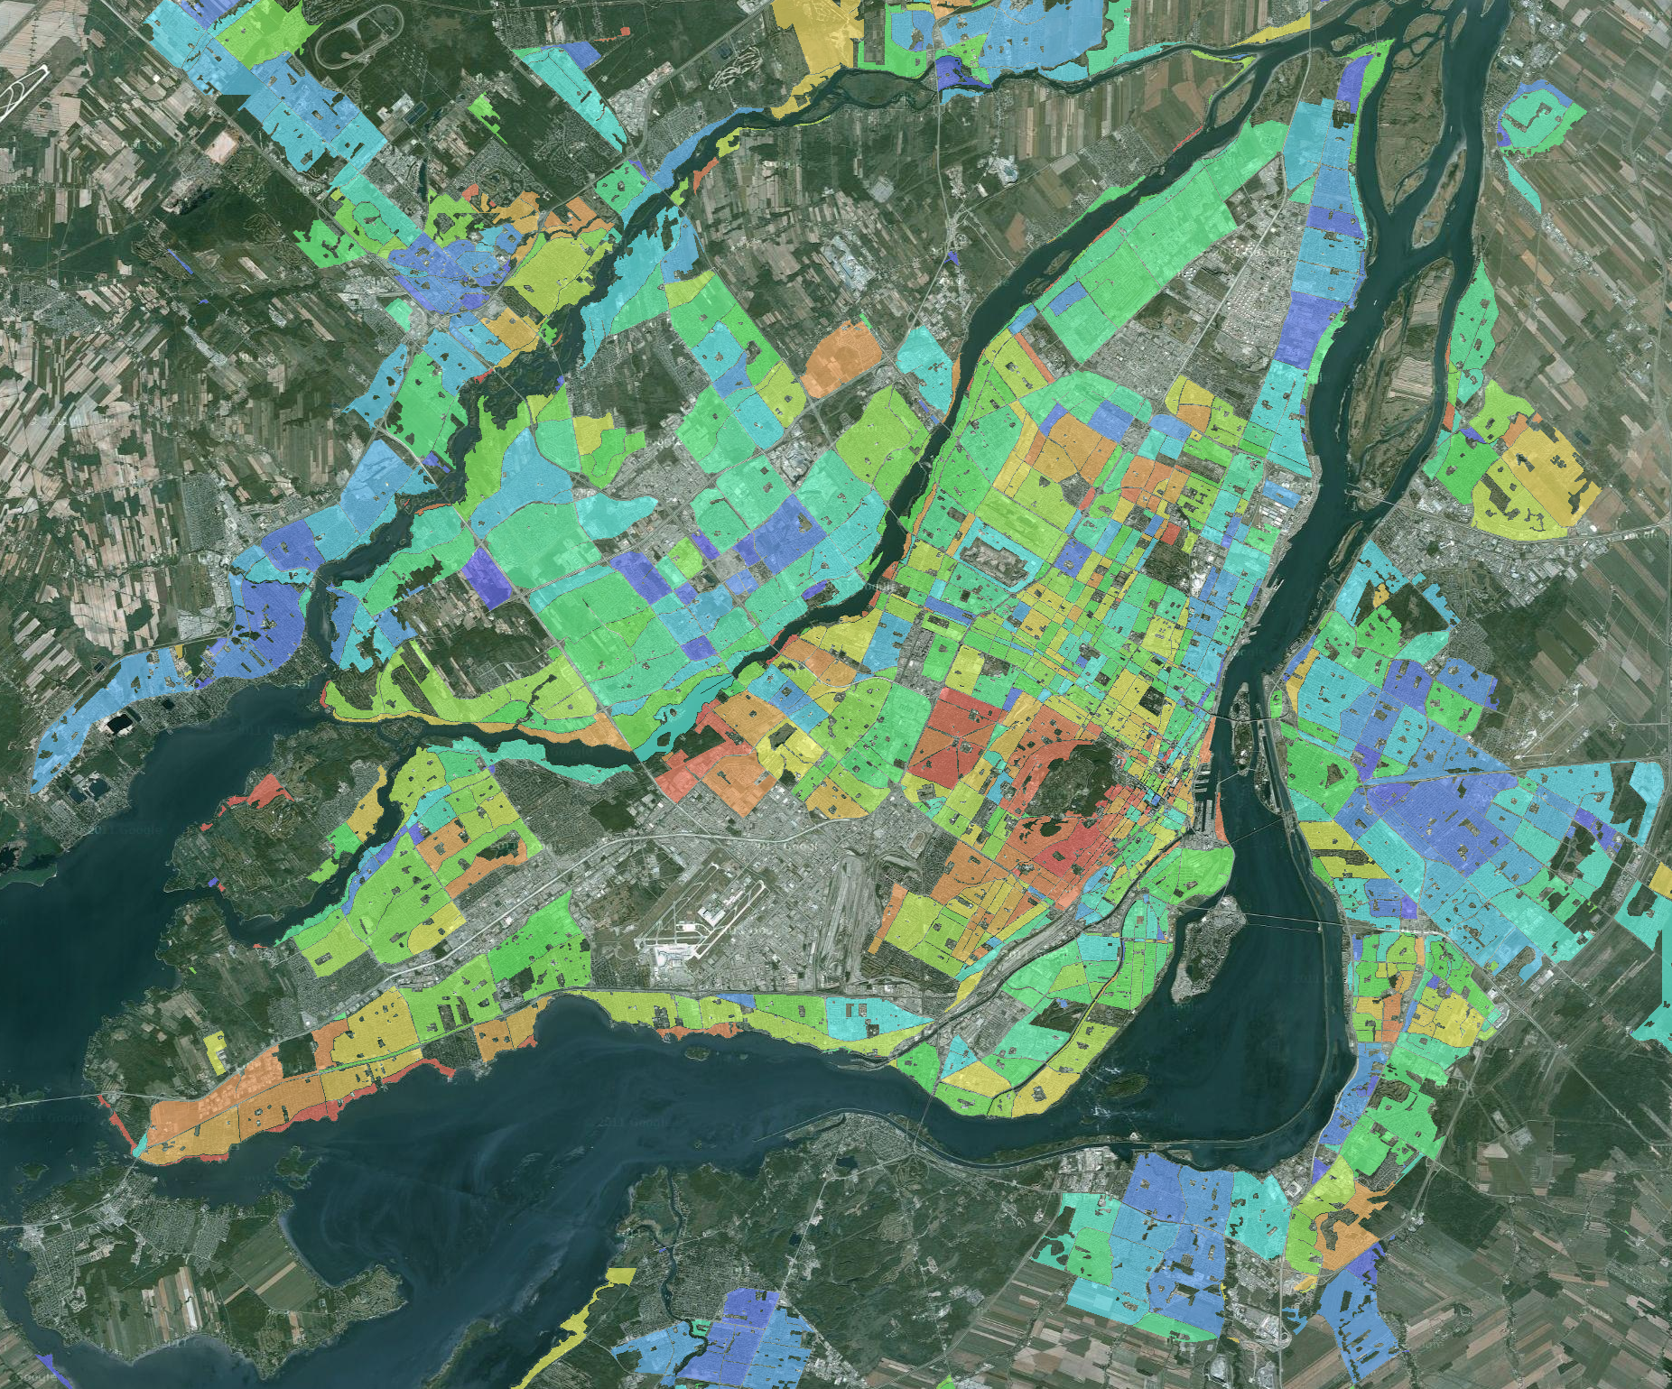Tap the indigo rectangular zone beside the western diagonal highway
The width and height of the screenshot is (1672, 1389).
486,569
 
